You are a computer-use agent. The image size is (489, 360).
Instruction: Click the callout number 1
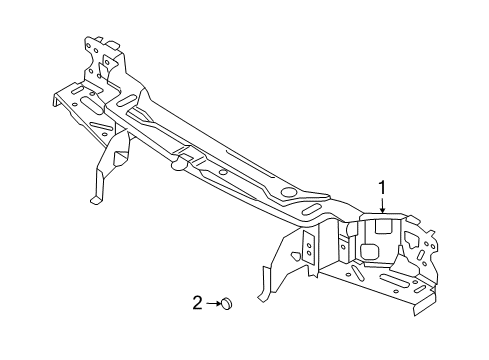380,186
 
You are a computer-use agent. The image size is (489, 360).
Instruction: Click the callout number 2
198,302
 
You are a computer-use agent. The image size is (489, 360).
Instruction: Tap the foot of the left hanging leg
96,199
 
